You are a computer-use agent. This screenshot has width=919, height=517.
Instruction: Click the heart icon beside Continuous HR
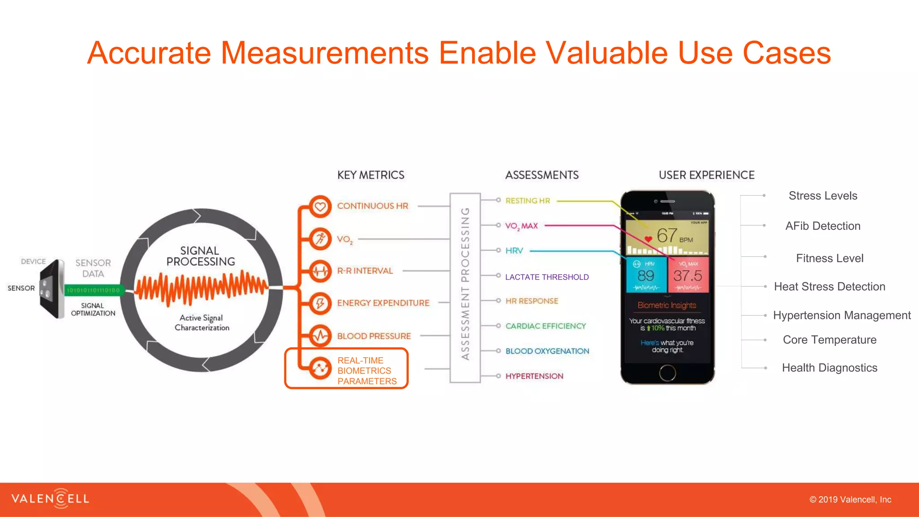tap(320, 206)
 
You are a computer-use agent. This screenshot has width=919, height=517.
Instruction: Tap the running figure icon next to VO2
tap(320, 239)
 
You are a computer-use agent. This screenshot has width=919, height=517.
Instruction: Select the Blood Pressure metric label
tap(374, 336)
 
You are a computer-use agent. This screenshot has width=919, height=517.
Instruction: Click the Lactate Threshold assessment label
tap(547, 277)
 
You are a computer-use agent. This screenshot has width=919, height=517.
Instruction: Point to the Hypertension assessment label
tap(534, 376)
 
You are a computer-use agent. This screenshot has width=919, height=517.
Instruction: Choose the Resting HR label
tap(527, 201)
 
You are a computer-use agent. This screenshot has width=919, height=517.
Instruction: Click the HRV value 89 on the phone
tap(646, 275)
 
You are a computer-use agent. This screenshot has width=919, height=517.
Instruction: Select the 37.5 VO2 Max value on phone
tap(687, 275)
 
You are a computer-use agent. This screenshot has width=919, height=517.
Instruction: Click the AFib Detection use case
tap(823, 226)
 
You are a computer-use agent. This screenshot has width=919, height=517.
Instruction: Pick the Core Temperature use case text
tap(829, 340)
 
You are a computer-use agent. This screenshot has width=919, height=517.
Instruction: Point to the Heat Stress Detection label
tap(829, 286)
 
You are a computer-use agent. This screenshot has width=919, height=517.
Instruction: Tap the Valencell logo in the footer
tap(50, 499)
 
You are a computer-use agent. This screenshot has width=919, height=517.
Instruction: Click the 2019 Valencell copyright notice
tap(850, 499)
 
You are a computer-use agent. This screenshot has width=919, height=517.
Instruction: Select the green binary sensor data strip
tap(93, 290)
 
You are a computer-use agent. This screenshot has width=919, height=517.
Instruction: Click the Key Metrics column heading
tap(371, 175)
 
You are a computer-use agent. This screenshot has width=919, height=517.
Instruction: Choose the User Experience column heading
tap(706, 175)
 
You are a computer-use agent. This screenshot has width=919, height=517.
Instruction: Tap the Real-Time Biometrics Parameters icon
tap(320, 368)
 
